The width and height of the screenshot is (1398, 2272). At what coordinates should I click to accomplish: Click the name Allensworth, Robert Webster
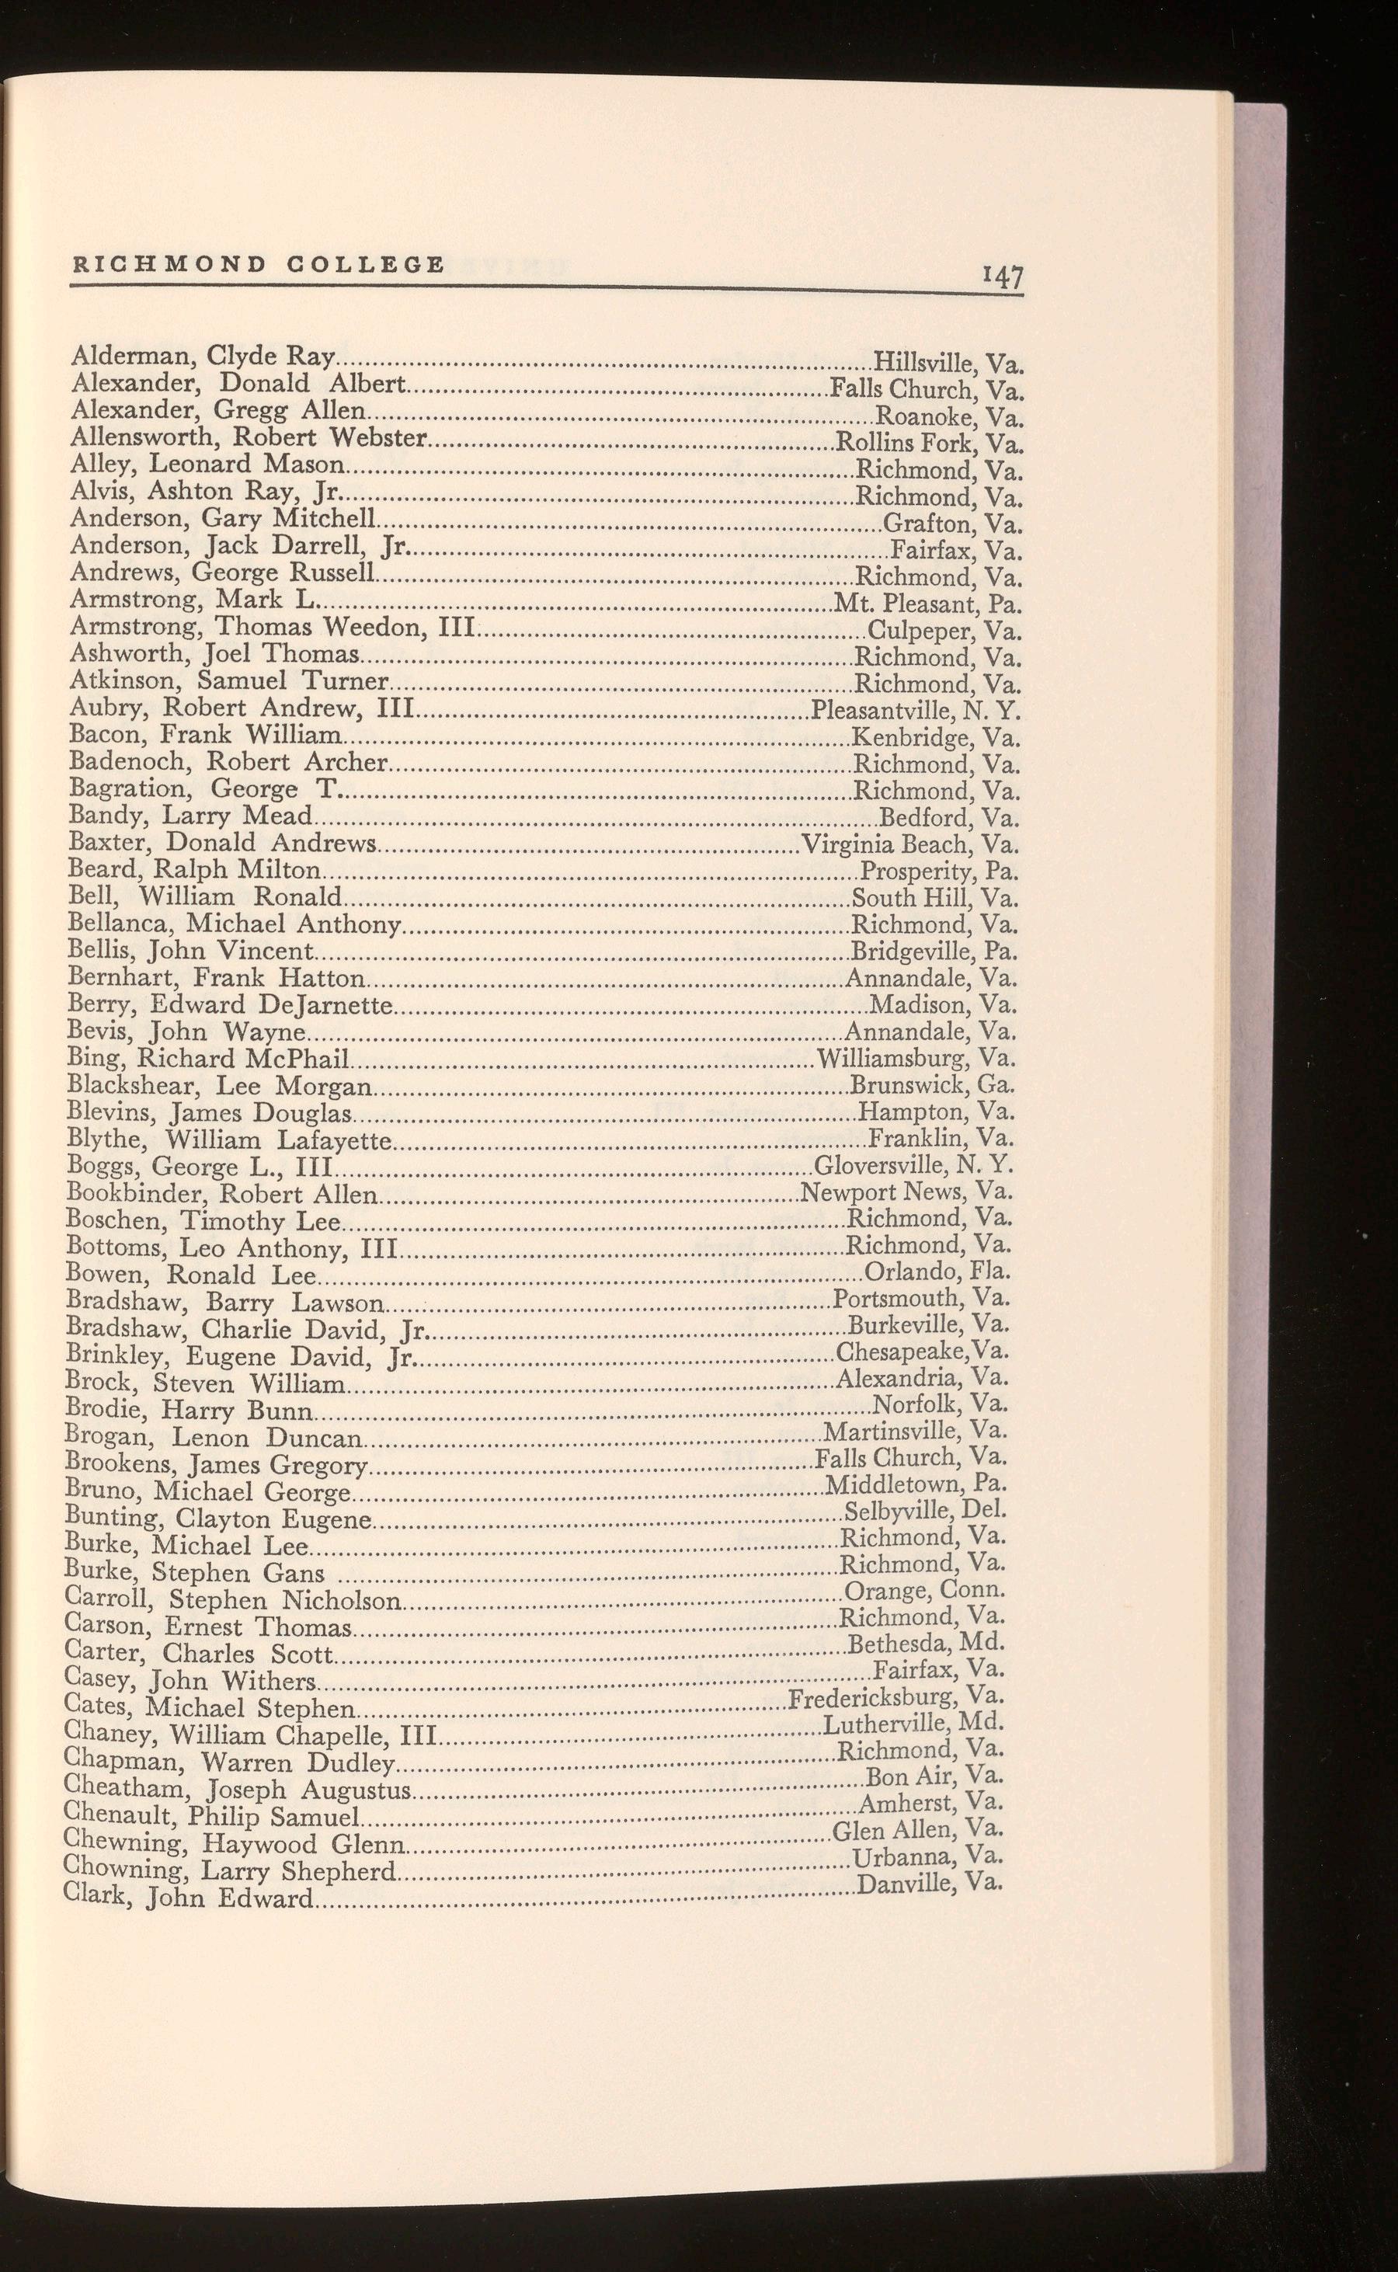[248, 437]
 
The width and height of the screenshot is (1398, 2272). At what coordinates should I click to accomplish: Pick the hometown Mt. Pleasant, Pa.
[927, 605]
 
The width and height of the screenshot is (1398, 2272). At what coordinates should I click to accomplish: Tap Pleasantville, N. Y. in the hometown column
[916, 712]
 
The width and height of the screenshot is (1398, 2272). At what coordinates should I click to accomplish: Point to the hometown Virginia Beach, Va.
[911, 844]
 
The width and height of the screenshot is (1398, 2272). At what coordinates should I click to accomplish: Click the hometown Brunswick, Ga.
[933, 1084]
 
